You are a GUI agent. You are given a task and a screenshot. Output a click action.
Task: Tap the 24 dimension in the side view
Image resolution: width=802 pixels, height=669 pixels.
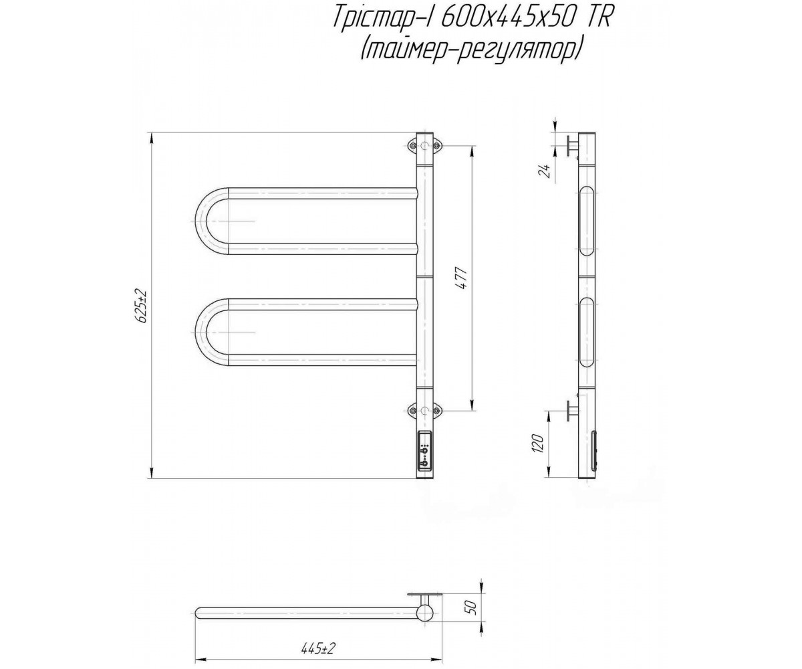[545, 171]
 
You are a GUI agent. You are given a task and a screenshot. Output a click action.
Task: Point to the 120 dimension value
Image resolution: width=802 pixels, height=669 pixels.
[539, 444]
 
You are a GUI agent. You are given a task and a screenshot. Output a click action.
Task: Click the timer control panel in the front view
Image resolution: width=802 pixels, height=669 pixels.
[424, 455]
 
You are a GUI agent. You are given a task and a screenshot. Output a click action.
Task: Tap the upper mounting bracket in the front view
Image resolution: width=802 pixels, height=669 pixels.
[424, 145]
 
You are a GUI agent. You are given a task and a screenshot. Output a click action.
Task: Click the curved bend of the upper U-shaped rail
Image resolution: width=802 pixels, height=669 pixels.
[202, 221]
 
